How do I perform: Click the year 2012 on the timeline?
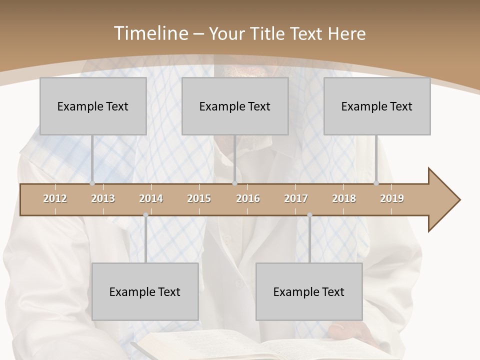55,198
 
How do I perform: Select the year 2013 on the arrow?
103,198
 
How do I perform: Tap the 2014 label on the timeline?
151,198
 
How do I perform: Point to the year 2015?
199,198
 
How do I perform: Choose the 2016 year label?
248,198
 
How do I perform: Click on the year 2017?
296,198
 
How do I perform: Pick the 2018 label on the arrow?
344,198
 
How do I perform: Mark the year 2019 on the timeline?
392,198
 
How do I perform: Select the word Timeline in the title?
150,33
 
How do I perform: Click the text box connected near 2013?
93,106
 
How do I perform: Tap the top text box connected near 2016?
235,106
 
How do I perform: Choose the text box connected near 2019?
377,106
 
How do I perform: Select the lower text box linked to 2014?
145,291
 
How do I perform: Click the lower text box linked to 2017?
309,291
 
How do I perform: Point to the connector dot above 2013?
92,183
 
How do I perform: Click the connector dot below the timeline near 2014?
145,215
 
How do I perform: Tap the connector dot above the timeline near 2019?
376,183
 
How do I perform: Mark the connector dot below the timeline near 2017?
309,215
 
